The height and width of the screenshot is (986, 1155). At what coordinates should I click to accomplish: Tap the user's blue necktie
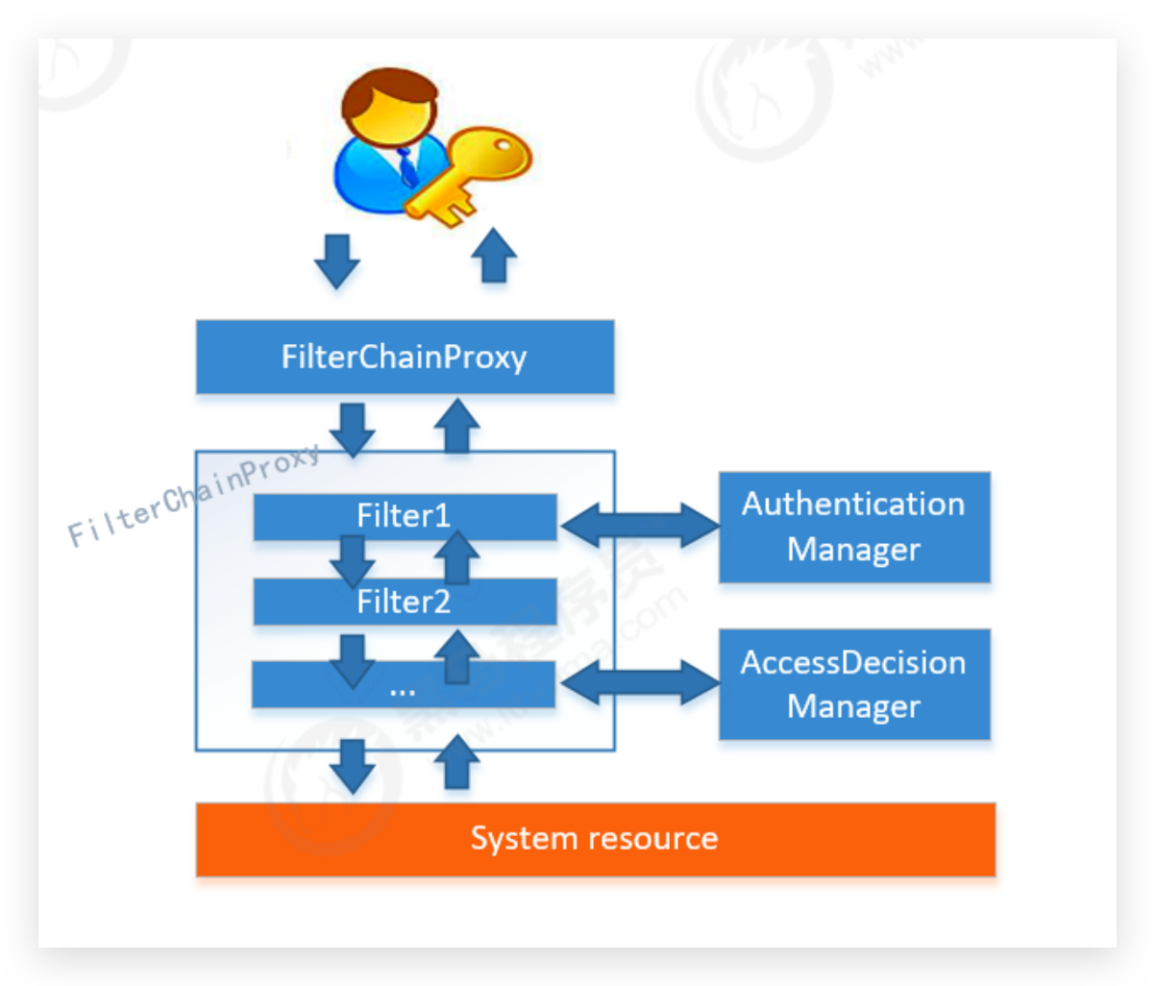(407, 165)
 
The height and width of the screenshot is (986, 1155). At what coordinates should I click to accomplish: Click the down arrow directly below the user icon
(337, 259)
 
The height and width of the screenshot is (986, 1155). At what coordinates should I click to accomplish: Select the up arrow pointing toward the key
(495, 256)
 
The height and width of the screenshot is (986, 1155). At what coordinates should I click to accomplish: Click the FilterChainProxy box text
(404, 357)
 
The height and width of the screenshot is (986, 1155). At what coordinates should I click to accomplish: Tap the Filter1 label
(404, 516)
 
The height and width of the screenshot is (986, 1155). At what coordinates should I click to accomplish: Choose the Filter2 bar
(405, 603)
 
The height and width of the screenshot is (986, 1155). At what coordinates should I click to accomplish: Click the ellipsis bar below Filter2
(404, 686)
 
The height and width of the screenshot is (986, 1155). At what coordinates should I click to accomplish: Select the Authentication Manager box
(854, 528)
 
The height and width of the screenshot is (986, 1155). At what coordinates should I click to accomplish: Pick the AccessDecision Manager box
(854, 684)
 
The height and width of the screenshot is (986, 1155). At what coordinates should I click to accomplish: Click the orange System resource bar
(595, 839)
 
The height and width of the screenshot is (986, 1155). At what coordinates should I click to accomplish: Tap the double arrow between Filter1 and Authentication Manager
(639, 526)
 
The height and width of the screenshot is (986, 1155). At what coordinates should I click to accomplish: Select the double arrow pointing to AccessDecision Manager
(639, 683)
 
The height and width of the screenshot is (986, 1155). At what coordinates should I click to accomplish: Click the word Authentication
(853, 505)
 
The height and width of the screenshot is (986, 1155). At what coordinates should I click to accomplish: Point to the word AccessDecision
(853, 663)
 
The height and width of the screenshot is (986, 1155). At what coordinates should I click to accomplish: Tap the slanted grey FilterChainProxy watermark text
(192, 496)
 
